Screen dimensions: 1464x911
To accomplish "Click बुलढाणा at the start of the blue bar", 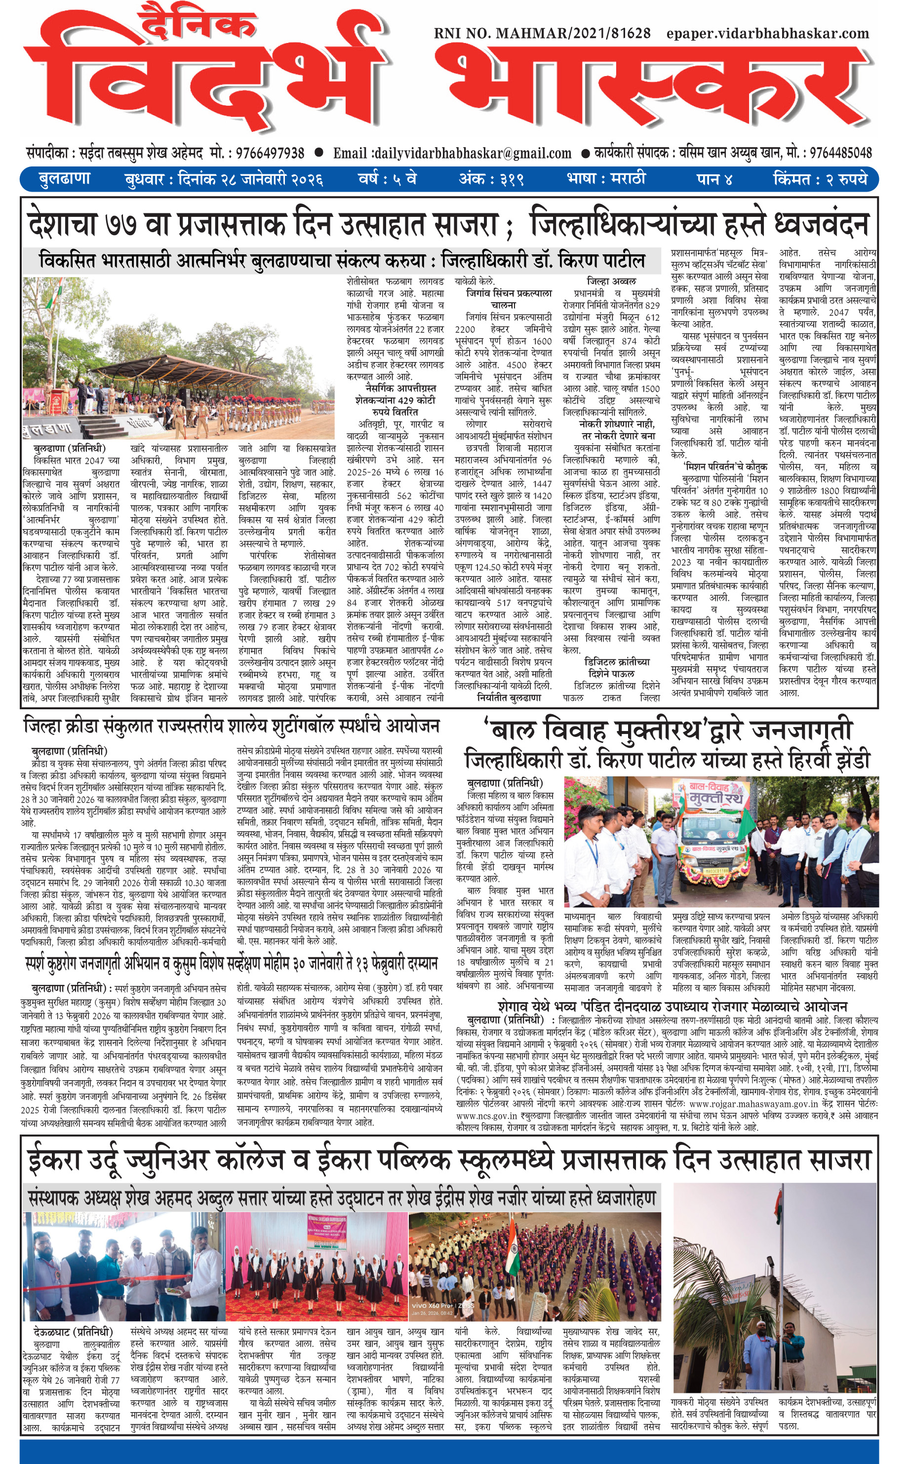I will [x=64, y=179].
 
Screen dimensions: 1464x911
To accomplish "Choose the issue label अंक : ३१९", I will [x=491, y=179].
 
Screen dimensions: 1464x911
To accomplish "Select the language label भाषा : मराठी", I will [x=605, y=179].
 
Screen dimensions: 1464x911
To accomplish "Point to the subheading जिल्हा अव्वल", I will [x=611, y=282].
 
